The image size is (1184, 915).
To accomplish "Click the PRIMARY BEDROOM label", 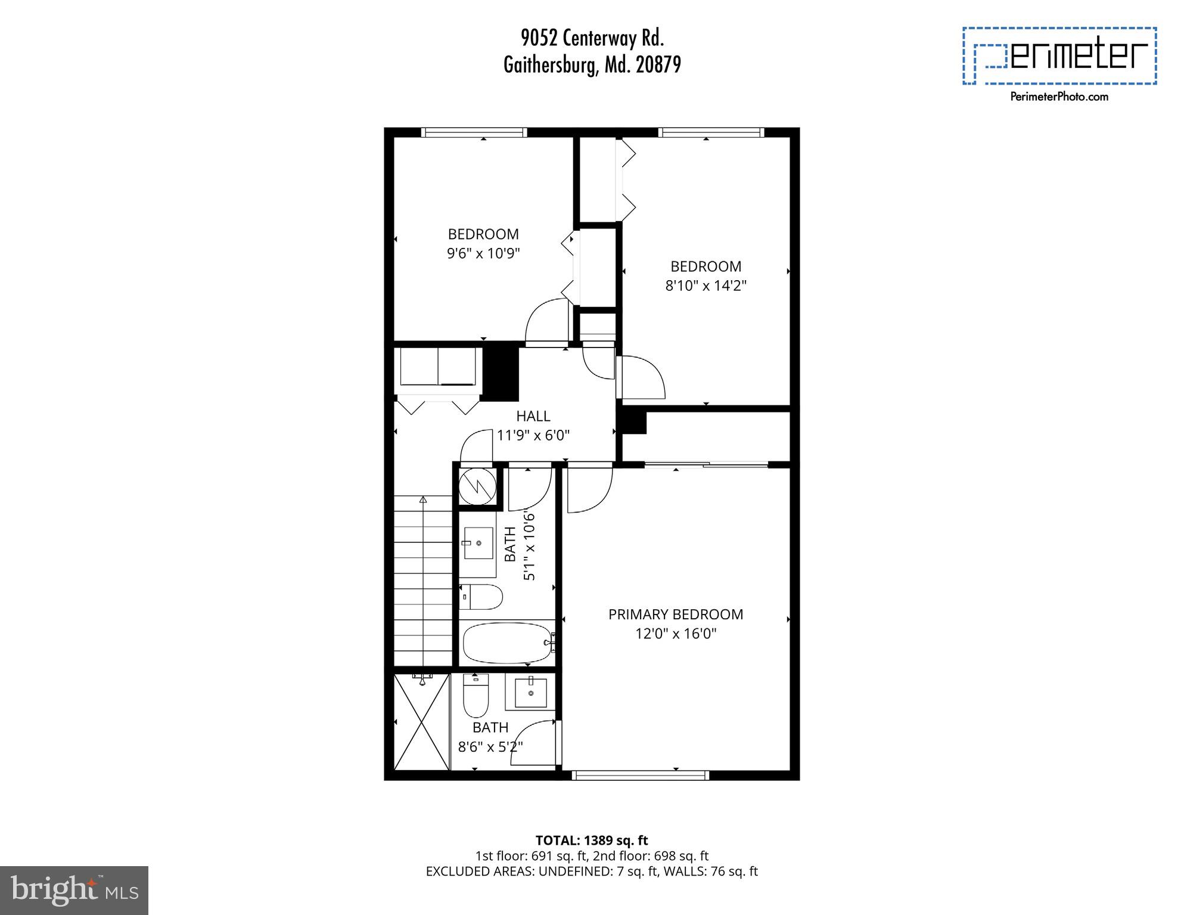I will (x=675, y=615).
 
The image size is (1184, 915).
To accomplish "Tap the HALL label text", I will (x=533, y=416).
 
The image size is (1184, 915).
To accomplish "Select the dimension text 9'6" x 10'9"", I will (x=483, y=253).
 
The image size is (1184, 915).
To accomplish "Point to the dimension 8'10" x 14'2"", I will (x=706, y=286).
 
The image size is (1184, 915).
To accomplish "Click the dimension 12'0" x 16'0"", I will (x=675, y=633).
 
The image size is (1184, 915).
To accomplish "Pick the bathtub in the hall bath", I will (x=508, y=643).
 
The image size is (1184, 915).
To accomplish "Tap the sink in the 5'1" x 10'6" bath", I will (x=478, y=543).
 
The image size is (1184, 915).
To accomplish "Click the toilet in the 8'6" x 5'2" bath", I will (x=476, y=695).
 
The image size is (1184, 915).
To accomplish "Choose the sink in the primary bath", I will (x=530, y=692).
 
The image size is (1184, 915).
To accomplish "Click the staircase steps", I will (x=423, y=581).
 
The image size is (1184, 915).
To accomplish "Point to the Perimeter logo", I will (x=1059, y=56).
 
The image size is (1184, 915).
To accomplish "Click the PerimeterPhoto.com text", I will (x=1059, y=97).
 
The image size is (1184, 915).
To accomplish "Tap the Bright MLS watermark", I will (x=74, y=890).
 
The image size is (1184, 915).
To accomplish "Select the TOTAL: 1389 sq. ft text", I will (x=591, y=840).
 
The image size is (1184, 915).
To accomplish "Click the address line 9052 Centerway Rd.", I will (x=592, y=39).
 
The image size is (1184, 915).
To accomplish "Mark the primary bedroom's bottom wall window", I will (x=640, y=775).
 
